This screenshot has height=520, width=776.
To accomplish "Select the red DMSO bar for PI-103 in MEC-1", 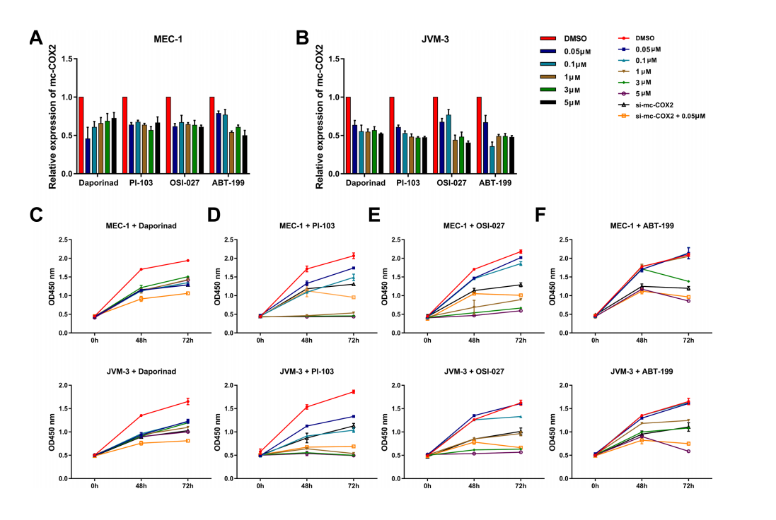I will pos(125,135).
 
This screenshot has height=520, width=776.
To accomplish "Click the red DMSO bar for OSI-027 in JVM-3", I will pos(436,135).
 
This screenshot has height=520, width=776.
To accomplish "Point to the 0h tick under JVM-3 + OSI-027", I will pos(427,487).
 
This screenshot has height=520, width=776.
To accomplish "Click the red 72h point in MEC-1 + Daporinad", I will pos(187,261).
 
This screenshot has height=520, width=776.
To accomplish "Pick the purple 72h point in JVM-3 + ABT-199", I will pos(687,451).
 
